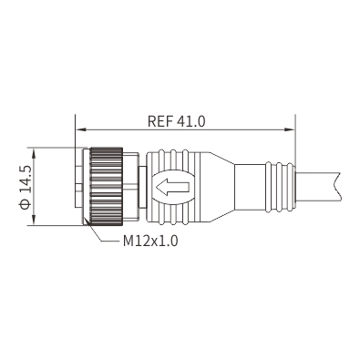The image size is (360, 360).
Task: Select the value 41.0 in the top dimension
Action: coord(191,121)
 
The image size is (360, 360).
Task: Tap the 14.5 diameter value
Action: coord(26,180)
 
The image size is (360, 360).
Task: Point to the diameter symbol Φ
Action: coord(25,204)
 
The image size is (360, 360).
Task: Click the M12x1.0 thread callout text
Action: coord(150,242)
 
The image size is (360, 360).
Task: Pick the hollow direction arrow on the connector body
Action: coord(172,187)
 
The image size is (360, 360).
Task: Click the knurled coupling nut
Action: coord(106,187)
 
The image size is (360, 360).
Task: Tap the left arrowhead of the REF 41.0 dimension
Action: coord(79,129)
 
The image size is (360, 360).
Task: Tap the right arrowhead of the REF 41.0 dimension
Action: coord(290,129)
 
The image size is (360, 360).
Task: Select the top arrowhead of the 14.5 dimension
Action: coord(34,152)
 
